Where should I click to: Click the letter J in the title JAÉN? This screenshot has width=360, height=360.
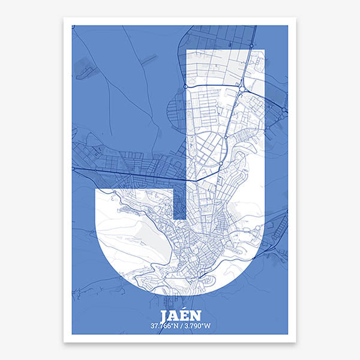click(164, 316)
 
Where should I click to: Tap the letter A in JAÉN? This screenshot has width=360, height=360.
click(173, 316)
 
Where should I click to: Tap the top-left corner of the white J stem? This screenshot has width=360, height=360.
click(187, 52)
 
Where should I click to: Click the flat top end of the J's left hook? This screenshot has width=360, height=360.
click(134, 188)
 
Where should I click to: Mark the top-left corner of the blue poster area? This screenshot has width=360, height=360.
click(72, 25)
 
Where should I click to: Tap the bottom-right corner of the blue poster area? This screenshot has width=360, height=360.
click(288, 334)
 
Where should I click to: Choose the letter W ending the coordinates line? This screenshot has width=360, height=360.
click(208, 326)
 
